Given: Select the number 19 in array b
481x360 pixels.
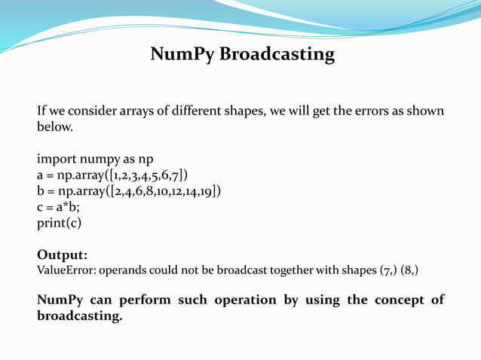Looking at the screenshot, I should [209, 191].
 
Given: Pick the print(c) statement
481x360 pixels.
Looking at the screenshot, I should [59, 223].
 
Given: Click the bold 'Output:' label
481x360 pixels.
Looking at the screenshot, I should [62, 255].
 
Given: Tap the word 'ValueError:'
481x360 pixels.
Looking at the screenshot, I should [66, 270].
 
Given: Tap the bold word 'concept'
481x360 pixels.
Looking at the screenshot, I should [394, 300].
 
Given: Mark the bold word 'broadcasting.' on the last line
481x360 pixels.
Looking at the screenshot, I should [79, 316].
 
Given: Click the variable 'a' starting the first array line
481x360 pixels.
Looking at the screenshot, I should [41, 175].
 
